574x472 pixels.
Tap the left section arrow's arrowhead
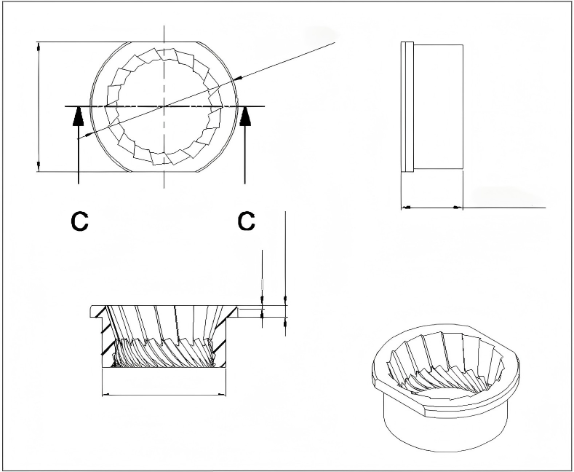[x=77, y=116]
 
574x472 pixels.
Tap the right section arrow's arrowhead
[x=246, y=116]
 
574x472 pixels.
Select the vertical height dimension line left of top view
[x=38, y=107]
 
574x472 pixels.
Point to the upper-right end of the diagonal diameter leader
[x=333, y=44]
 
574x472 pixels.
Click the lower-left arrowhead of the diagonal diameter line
[x=89, y=135]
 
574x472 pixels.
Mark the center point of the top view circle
[x=165, y=106]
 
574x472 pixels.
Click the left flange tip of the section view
[x=91, y=311]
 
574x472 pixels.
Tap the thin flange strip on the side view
[x=407, y=107]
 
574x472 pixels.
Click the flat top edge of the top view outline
[x=165, y=42]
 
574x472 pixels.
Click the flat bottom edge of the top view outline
[x=165, y=172]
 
